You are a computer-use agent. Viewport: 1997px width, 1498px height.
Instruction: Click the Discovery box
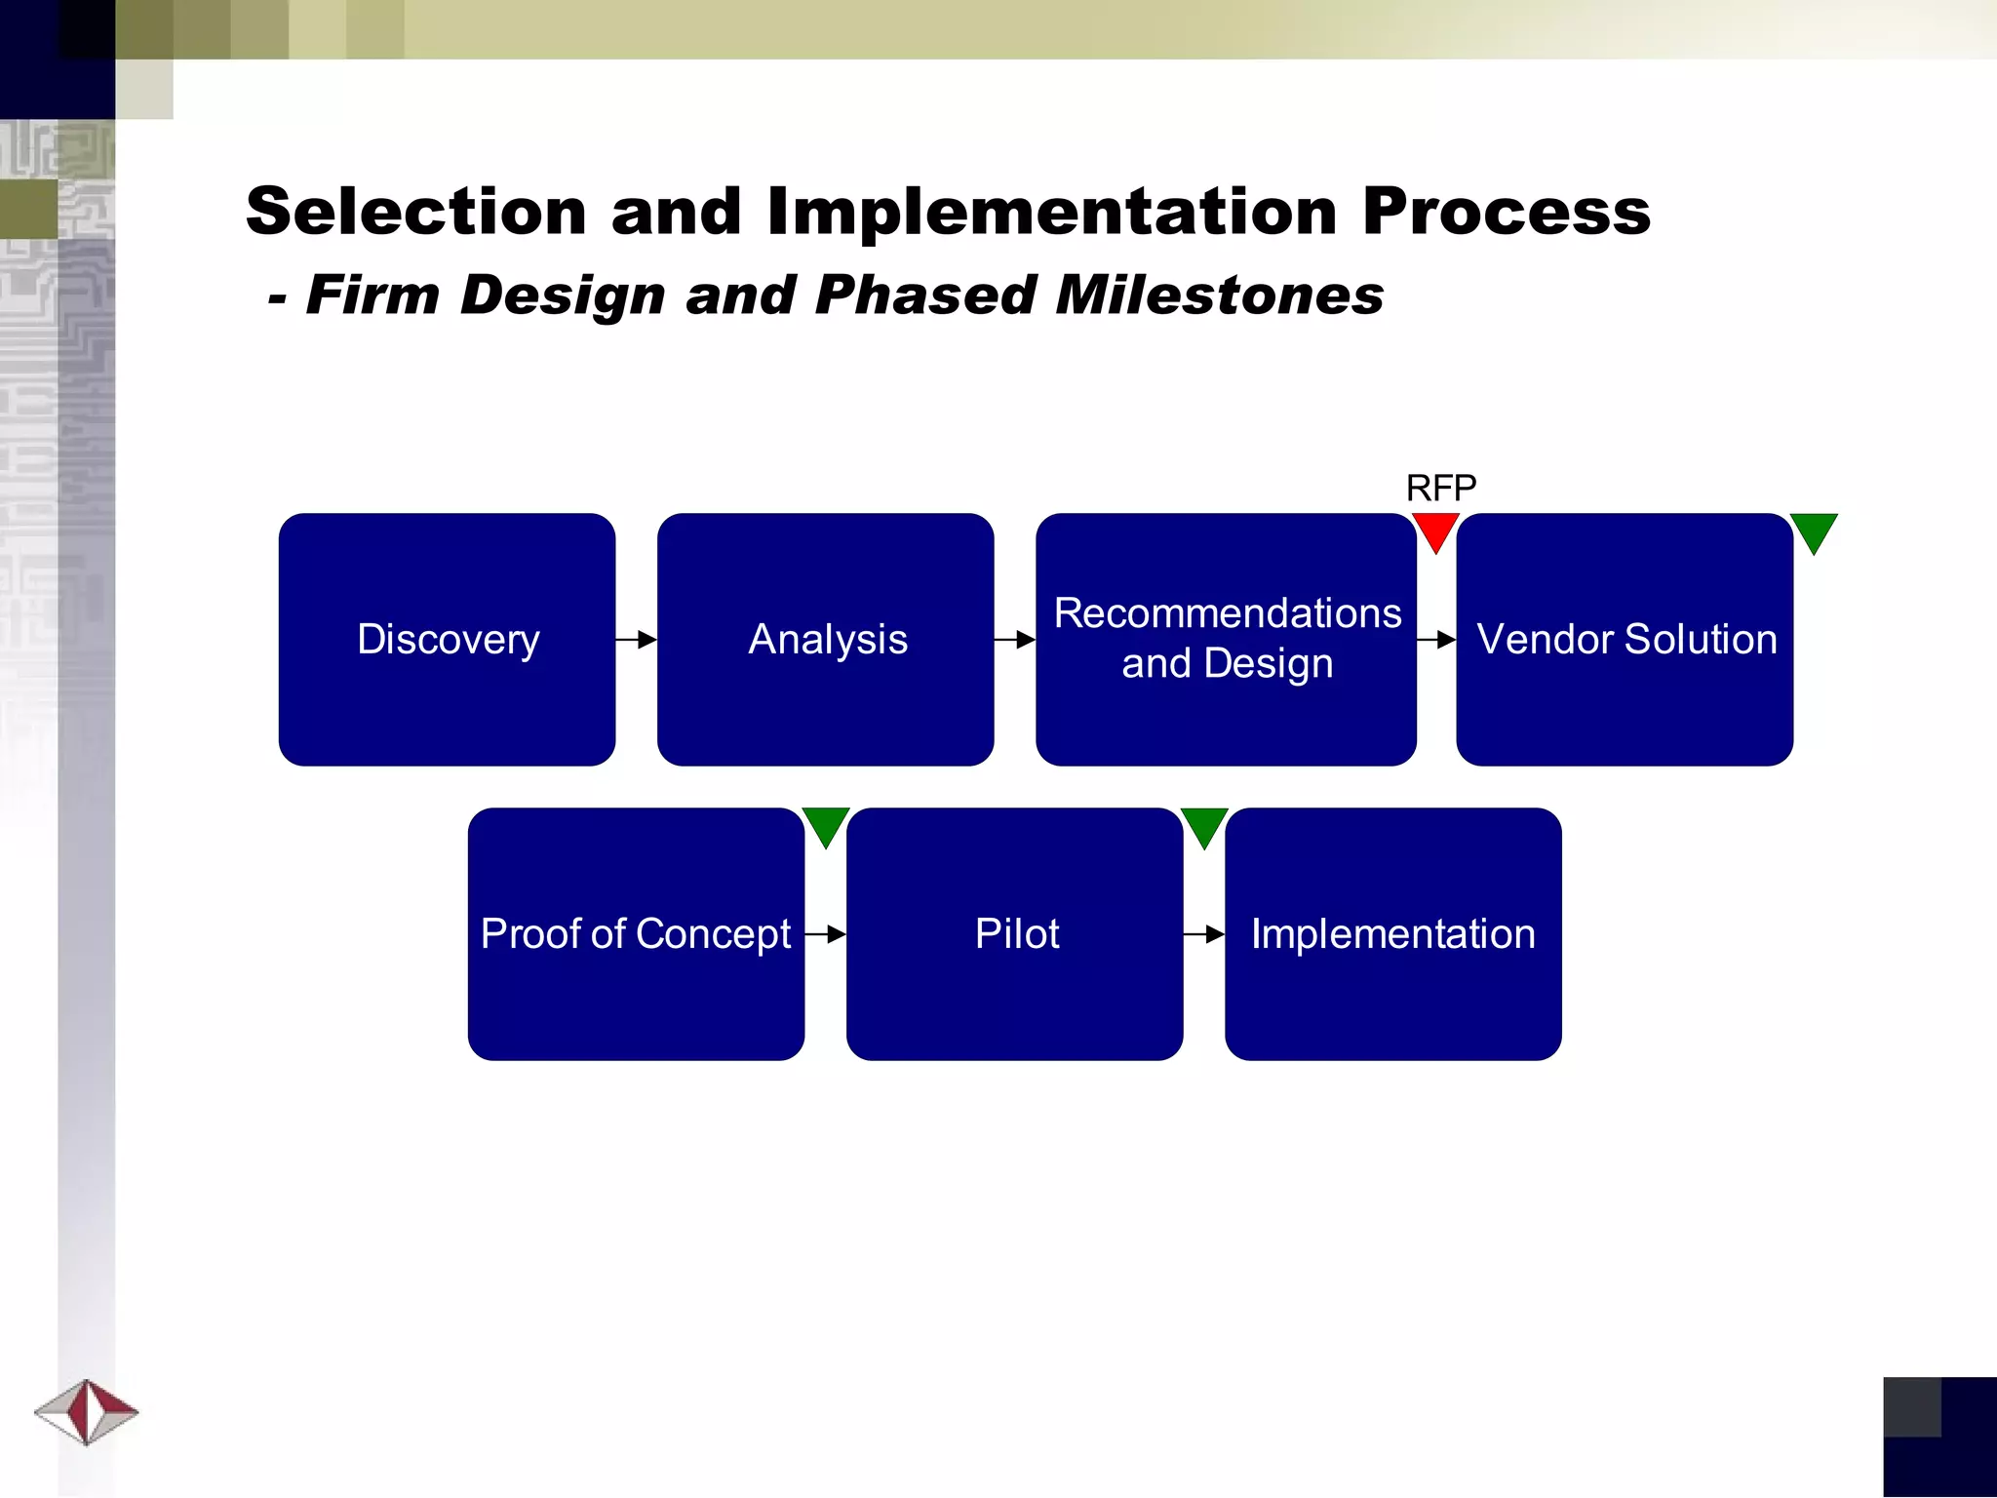[447, 639]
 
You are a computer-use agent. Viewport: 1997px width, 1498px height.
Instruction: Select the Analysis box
[825, 639]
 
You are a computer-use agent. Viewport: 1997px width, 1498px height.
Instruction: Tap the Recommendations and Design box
[1226, 639]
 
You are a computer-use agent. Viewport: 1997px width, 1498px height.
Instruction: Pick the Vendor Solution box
[1625, 639]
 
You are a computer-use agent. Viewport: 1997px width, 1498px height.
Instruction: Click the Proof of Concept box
[636, 933]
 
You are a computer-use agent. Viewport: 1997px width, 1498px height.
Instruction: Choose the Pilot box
[1014, 933]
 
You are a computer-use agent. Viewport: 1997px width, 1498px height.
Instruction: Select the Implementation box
[1392, 933]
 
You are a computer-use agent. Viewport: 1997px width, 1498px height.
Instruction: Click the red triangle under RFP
[1435, 530]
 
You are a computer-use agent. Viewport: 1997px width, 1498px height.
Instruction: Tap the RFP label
[1440, 488]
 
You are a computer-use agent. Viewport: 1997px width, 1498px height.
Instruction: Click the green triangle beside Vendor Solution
[1814, 530]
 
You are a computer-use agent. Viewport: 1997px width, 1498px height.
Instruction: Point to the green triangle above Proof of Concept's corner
[826, 824]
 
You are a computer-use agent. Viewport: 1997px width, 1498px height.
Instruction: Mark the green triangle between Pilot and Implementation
[1204, 824]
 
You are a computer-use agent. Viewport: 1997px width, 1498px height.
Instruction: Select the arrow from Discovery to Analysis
[637, 640]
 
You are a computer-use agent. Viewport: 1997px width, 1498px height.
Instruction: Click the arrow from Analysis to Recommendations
[1015, 640]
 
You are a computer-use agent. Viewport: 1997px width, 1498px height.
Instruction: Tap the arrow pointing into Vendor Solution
[1436, 640]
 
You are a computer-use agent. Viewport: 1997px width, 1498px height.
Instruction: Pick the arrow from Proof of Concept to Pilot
[826, 934]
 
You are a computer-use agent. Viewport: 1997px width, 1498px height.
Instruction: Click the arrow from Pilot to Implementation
[1204, 934]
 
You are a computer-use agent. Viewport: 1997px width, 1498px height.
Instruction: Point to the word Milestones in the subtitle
[1219, 295]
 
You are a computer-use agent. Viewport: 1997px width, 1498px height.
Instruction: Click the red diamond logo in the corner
[87, 1411]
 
